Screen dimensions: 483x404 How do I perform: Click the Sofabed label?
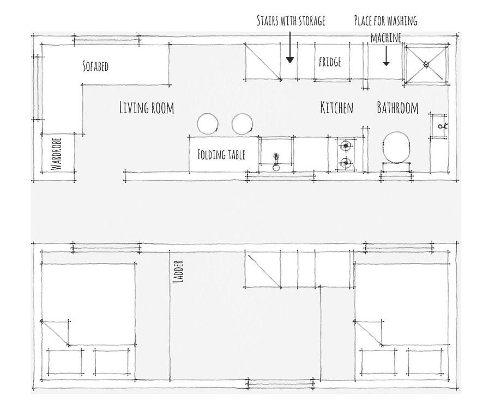[95, 66]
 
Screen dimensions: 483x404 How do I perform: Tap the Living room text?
[147, 108]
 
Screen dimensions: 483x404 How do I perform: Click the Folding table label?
[221, 155]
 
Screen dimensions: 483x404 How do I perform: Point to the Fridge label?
[330, 62]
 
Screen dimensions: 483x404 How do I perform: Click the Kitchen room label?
[337, 107]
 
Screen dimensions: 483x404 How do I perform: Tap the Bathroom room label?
[397, 108]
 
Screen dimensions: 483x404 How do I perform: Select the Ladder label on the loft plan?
[179, 271]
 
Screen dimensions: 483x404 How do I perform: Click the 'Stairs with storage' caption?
[291, 21]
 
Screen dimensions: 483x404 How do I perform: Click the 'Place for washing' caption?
[385, 21]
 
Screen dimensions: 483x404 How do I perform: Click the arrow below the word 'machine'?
[387, 56]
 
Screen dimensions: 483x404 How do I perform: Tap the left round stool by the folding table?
[208, 124]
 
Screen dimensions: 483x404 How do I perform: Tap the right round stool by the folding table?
[242, 124]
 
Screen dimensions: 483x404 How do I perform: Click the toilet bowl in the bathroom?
[396, 148]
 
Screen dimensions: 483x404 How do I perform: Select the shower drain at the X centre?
[426, 64]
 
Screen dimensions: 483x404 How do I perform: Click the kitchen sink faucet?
[276, 162]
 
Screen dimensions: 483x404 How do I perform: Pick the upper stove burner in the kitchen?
[346, 145]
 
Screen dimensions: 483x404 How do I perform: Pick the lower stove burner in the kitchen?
[346, 162]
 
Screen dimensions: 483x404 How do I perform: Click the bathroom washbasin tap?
[443, 126]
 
